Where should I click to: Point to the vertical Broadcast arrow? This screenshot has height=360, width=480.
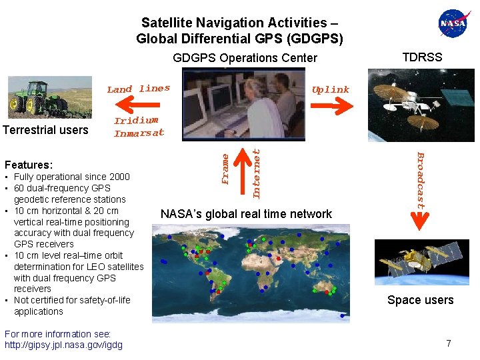pyautogui.click(x=421, y=180)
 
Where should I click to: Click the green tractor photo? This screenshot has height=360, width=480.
pyautogui.click(x=41, y=97)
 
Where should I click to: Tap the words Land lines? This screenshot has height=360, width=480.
pyautogui.click(x=139, y=89)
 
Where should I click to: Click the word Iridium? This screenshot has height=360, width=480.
pyautogui.click(x=136, y=121)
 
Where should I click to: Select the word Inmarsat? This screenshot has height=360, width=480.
pyautogui.click(x=139, y=133)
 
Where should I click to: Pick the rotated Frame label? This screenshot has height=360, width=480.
pyautogui.click(x=226, y=169)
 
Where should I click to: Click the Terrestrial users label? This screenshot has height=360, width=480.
pyautogui.click(x=45, y=129)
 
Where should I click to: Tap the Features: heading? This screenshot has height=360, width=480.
pyautogui.click(x=29, y=165)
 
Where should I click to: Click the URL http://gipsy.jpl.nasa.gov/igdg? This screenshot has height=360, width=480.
pyautogui.click(x=63, y=345)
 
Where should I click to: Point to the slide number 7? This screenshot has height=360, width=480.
pyautogui.click(x=449, y=343)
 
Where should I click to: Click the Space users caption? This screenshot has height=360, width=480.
pyautogui.click(x=420, y=300)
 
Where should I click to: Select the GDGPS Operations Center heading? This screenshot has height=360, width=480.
pyautogui.click(x=245, y=58)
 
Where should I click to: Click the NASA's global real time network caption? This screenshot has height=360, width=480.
pyautogui.click(x=246, y=214)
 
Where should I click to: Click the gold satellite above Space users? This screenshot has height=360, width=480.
pyautogui.click(x=413, y=261)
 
